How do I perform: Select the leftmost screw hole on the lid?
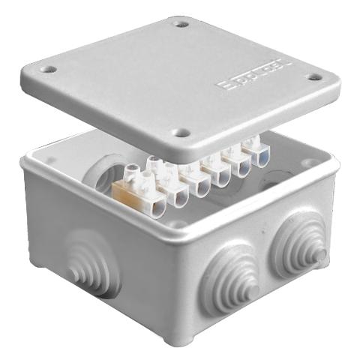click(x=49, y=69)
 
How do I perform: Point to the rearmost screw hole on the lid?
click(x=180, y=23)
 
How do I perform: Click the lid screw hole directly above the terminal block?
click(x=181, y=134)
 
